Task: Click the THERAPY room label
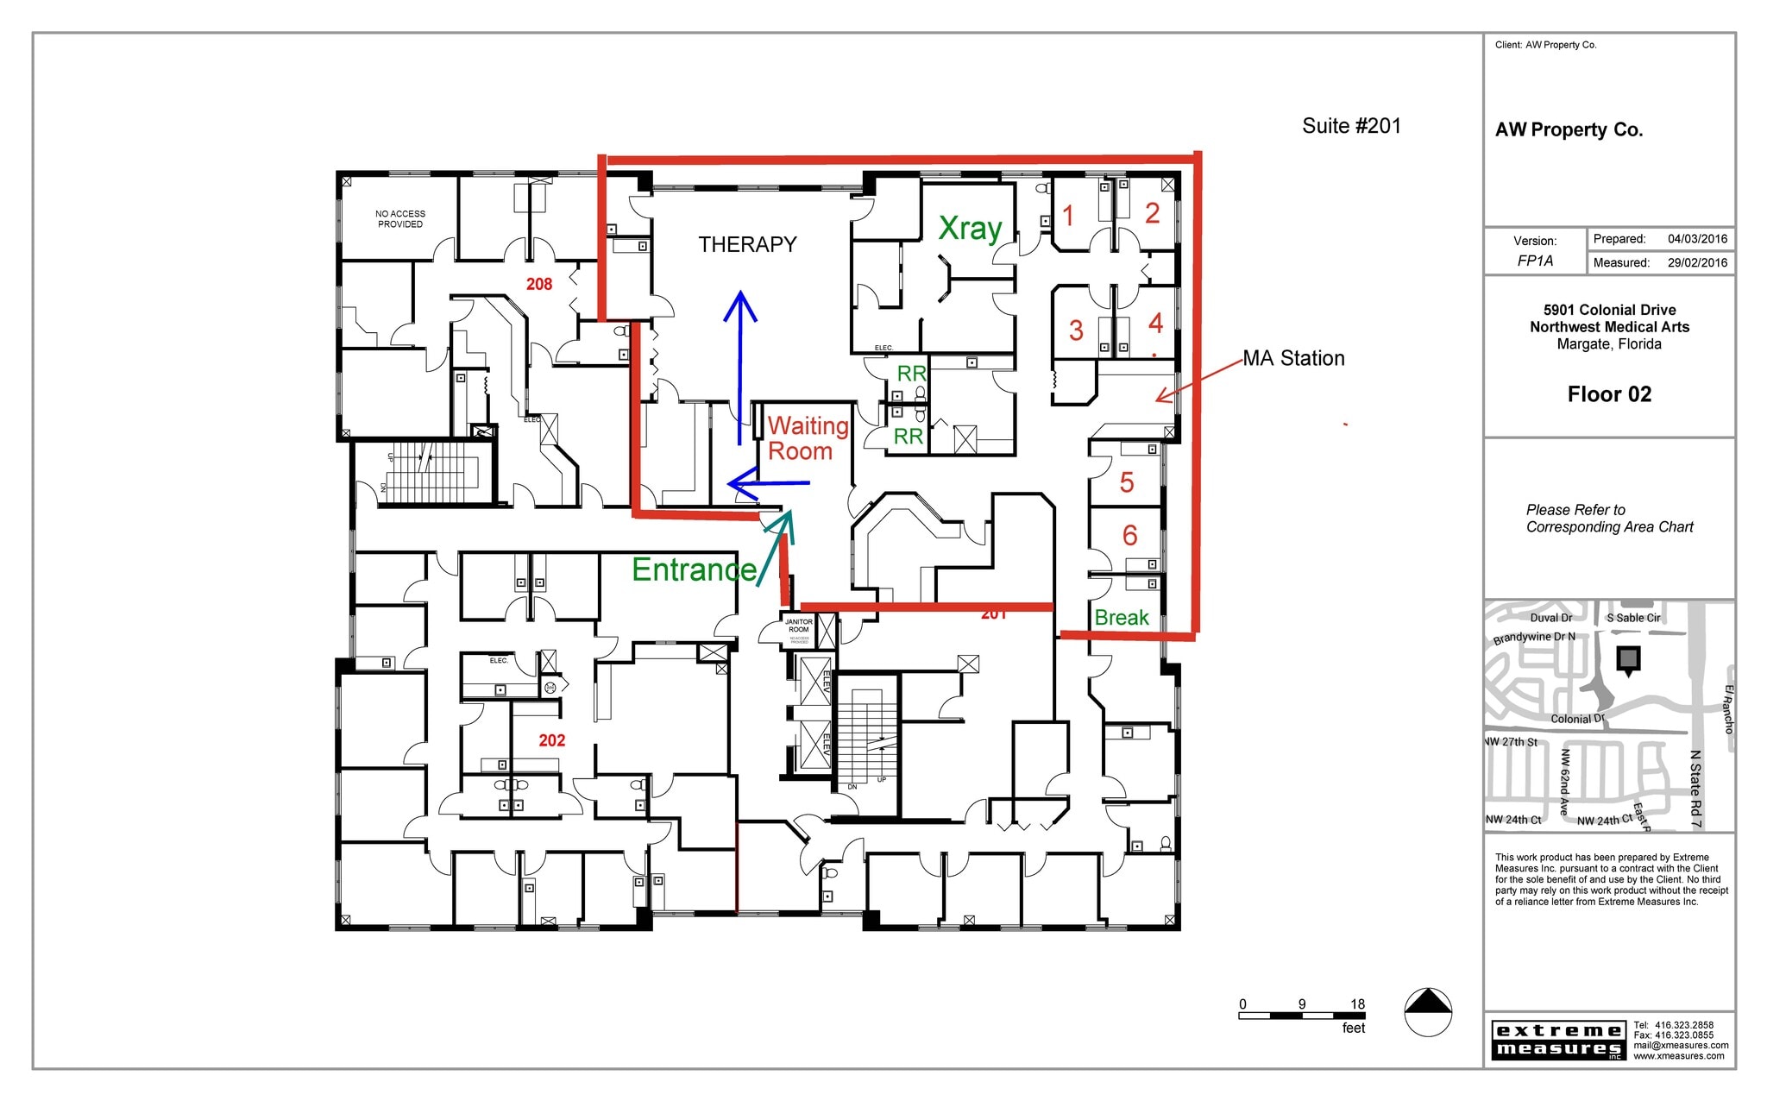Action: point(747,245)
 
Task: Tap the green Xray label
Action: point(970,229)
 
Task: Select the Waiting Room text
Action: point(807,438)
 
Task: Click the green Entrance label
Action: point(694,569)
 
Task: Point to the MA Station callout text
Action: point(1293,358)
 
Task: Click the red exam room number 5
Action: point(1126,482)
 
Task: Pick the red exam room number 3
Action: point(1076,330)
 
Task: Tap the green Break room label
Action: point(1122,618)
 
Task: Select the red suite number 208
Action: point(539,284)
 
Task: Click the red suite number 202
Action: point(552,740)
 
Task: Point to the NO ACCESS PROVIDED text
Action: point(400,219)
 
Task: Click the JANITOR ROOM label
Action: point(798,626)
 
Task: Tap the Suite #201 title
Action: point(1351,126)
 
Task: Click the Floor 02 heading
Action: point(1609,394)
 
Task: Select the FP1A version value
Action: point(1535,261)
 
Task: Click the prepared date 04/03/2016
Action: point(1697,239)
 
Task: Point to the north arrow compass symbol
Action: point(1428,1011)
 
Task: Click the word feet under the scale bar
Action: point(1353,1028)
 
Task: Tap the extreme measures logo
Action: point(1557,1040)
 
